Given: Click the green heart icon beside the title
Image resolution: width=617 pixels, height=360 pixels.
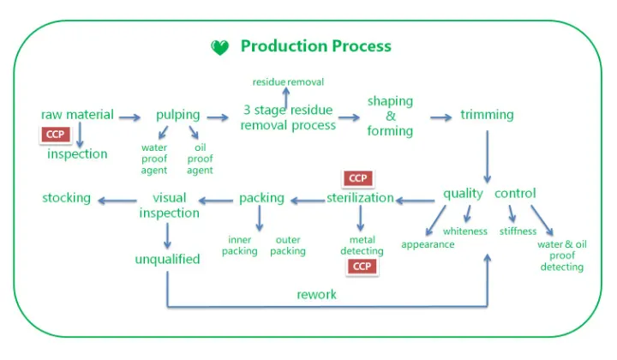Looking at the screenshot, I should pyautogui.click(x=220, y=48).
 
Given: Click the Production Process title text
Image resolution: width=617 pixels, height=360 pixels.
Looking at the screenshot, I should pyautogui.click(x=315, y=46).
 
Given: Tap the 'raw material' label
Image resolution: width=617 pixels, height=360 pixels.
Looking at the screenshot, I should pyautogui.click(x=77, y=115).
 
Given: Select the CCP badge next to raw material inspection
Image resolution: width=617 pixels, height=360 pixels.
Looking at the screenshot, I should pyautogui.click(x=56, y=135).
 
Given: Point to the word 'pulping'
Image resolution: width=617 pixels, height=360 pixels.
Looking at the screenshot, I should pyautogui.click(x=177, y=115).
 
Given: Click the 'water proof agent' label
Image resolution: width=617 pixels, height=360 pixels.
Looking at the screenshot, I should pyautogui.click(x=154, y=159).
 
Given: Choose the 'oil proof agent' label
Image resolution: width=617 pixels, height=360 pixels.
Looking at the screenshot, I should pyautogui.click(x=200, y=159).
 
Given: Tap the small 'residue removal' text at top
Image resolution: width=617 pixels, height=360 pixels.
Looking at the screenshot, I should pyautogui.click(x=288, y=82).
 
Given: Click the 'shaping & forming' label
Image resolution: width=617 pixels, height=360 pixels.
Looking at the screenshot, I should pyautogui.click(x=390, y=117).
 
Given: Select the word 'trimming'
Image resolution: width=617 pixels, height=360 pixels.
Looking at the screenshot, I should pyautogui.click(x=487, y=115).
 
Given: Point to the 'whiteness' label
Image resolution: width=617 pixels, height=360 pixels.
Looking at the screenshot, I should pyautogui.click(x=465, y=231).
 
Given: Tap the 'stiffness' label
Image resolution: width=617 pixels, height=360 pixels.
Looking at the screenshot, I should pyautogui.click(x=518, y=231).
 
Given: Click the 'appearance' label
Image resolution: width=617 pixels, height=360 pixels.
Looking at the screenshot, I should pyautogui.click(x=428, y=244).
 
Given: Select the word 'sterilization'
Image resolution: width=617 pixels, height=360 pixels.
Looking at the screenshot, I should pyautogui.click(x=360, y=198).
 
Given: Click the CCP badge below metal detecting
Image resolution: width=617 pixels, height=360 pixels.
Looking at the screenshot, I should pyautogui.click(x=362, y=267).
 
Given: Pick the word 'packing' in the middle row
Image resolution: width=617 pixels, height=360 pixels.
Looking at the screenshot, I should pyautogui.click(x=261, y=198).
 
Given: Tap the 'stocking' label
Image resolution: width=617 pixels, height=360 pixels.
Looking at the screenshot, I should pyautogui.click(x=66, y=198).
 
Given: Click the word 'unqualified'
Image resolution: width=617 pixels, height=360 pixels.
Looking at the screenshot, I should pyautogui.click(x=167, y=259).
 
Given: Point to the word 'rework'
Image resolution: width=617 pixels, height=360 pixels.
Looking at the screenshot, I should pyautogui.click(x=316, y=295).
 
